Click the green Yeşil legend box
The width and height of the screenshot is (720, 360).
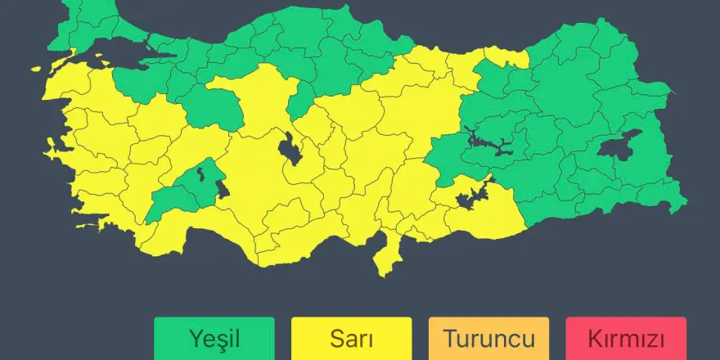click(x=214, y=338)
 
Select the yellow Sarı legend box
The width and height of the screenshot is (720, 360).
click(x=351, y=338)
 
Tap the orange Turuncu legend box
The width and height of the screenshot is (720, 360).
click(x=488, y=338)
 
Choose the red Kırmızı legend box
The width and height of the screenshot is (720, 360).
click(x=625, y=338)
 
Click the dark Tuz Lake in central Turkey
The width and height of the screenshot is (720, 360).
click(x=290, y=148)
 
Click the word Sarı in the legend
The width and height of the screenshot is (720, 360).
click(x=351, y=338)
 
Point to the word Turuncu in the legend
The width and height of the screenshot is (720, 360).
click(x=488, y=338)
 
